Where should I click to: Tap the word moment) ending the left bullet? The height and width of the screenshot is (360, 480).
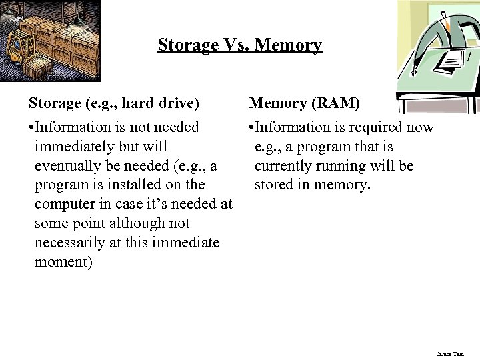click(63, 262)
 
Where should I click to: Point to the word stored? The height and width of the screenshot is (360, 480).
click(273, 185)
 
